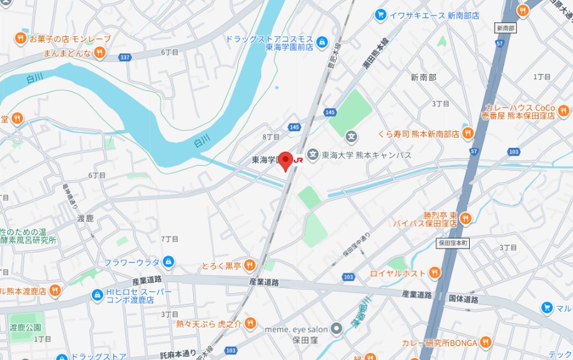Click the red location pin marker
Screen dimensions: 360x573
tap(286, 160)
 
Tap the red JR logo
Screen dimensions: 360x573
tap(298, 160)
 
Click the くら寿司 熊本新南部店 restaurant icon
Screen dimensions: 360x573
tap(468, 133)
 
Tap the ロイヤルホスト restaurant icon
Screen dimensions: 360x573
tap(435, 273)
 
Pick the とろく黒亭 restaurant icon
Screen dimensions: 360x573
tap(249, 264)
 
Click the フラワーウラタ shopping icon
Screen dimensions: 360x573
tap(168, 261)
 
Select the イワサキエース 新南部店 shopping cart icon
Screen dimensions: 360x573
tap(381, 14)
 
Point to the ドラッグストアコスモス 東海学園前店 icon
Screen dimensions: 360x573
tap(323, 43)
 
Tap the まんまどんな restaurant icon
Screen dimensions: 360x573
tap(99, 53)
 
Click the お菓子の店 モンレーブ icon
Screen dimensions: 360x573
tap(20, 39)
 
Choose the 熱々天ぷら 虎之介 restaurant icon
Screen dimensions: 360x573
tap(250, 323)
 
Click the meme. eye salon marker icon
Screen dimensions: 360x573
tap(337, 329)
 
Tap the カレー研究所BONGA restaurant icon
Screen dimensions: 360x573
tap(486, 342)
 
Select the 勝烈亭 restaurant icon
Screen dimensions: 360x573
tap(465, 219)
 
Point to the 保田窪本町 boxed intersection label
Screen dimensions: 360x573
tap(453, 243)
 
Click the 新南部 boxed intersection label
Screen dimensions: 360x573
tap(504, 29)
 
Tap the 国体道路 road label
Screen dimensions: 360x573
tap(463, 298)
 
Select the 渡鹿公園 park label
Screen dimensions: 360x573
tap(25, 328)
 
